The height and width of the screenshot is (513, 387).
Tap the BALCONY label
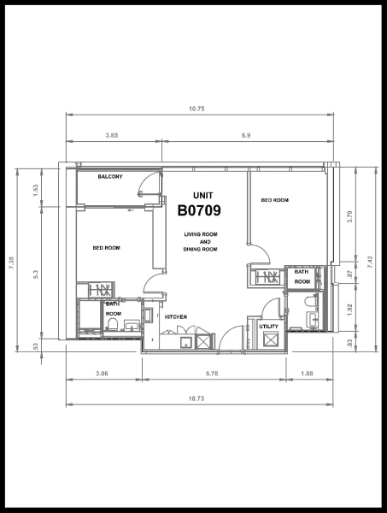point(109,177)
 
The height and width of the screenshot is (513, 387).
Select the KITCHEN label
point(176,317)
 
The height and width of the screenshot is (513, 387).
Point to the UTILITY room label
point(268,326)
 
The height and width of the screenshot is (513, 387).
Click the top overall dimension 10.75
point(196,109)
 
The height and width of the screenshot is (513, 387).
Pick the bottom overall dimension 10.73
point(196,399)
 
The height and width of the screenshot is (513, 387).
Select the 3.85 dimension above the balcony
point(112,135)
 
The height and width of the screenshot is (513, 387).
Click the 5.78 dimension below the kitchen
point(213,373)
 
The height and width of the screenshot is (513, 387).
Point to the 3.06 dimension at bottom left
point(102,373)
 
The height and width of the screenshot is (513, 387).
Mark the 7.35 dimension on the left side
point(12,264)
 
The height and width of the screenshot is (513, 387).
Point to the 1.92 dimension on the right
point(349,310)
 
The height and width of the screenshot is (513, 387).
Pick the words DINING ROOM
point(200,249)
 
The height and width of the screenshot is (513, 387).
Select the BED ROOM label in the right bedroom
point(275,200)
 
